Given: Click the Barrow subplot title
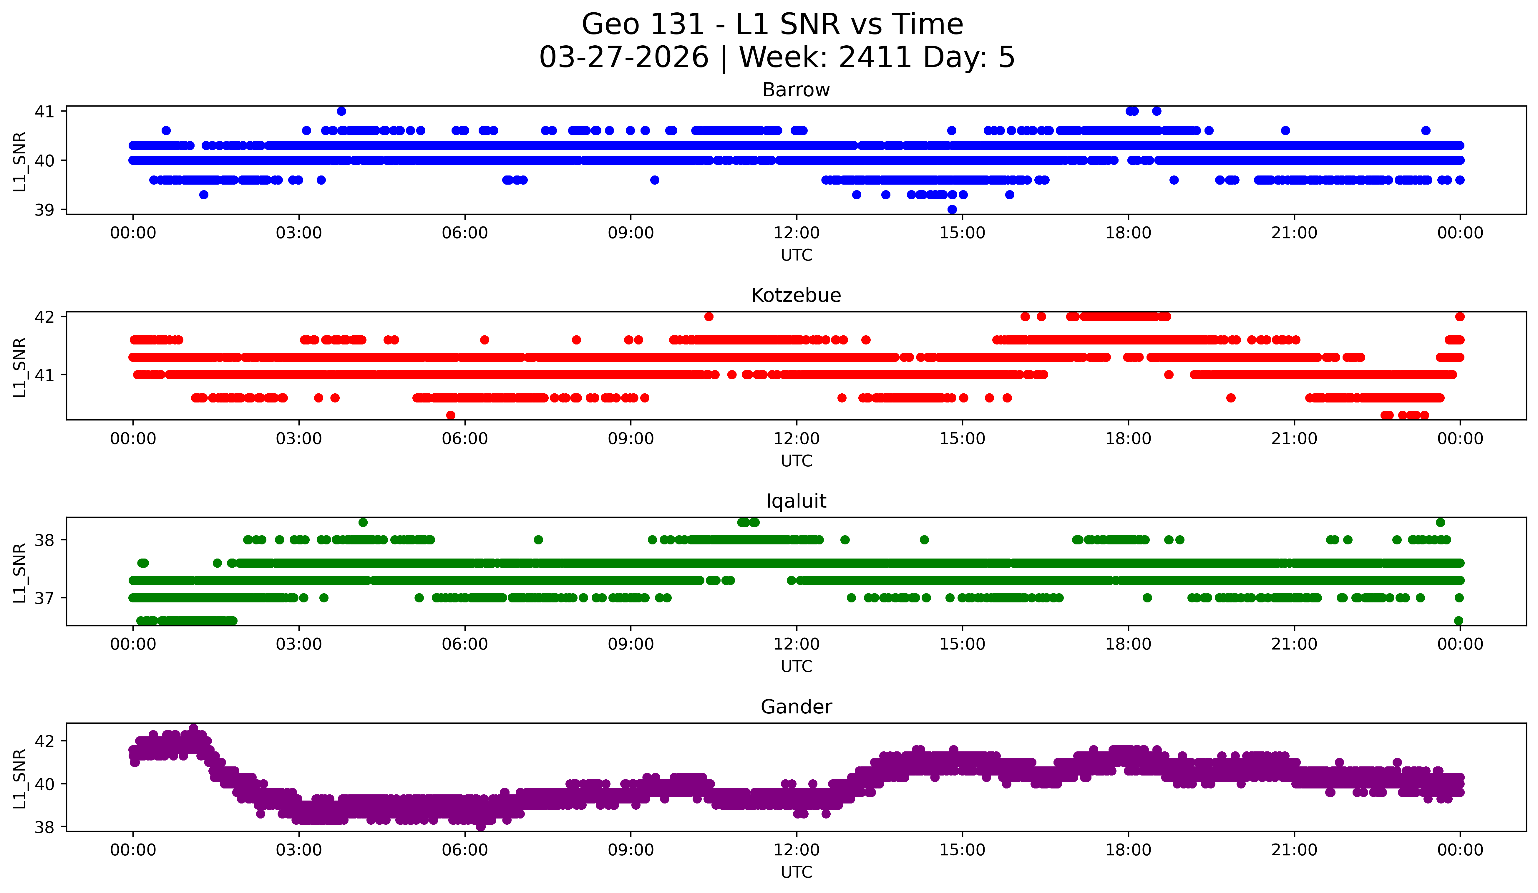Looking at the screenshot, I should pos(796,90).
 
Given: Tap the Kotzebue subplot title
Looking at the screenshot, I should pos(796,295).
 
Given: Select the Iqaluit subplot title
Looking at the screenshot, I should pos(796,501).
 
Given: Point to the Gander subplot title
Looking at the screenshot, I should pos(796,707).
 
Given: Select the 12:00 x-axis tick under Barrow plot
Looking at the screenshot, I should pos(797,233).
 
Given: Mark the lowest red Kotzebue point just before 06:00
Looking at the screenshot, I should pos(450,415).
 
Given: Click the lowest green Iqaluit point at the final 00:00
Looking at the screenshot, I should pos(1459,621).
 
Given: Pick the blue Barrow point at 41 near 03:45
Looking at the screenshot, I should pos(341,111).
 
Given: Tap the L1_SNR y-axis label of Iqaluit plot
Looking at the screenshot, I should pos(19,573).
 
